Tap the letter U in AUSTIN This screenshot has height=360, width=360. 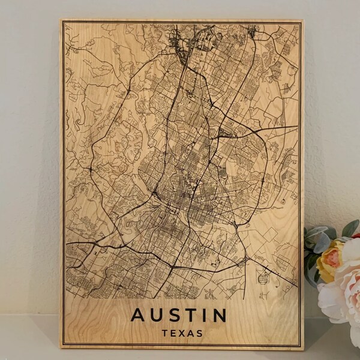point(157,314)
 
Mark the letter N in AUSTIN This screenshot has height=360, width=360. point(219,314)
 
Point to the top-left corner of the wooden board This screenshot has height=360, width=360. point(61,20)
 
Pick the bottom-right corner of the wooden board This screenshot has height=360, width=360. point(304,349)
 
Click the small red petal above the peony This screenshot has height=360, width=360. point(356,235)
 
